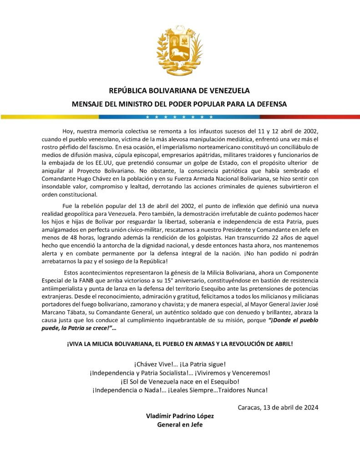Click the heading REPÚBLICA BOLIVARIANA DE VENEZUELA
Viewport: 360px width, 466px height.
pyautogui.click(x=179, y=91)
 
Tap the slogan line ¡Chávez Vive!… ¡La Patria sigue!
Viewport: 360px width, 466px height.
pyautogui.click(x=180, y=364)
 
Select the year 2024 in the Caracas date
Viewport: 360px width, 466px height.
pyautogui.click(x=310, y=407)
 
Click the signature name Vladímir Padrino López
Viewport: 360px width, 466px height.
pyautogui.click(x=180, y=416)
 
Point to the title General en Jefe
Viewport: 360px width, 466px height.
pyautogui.click(x=180, y=425)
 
